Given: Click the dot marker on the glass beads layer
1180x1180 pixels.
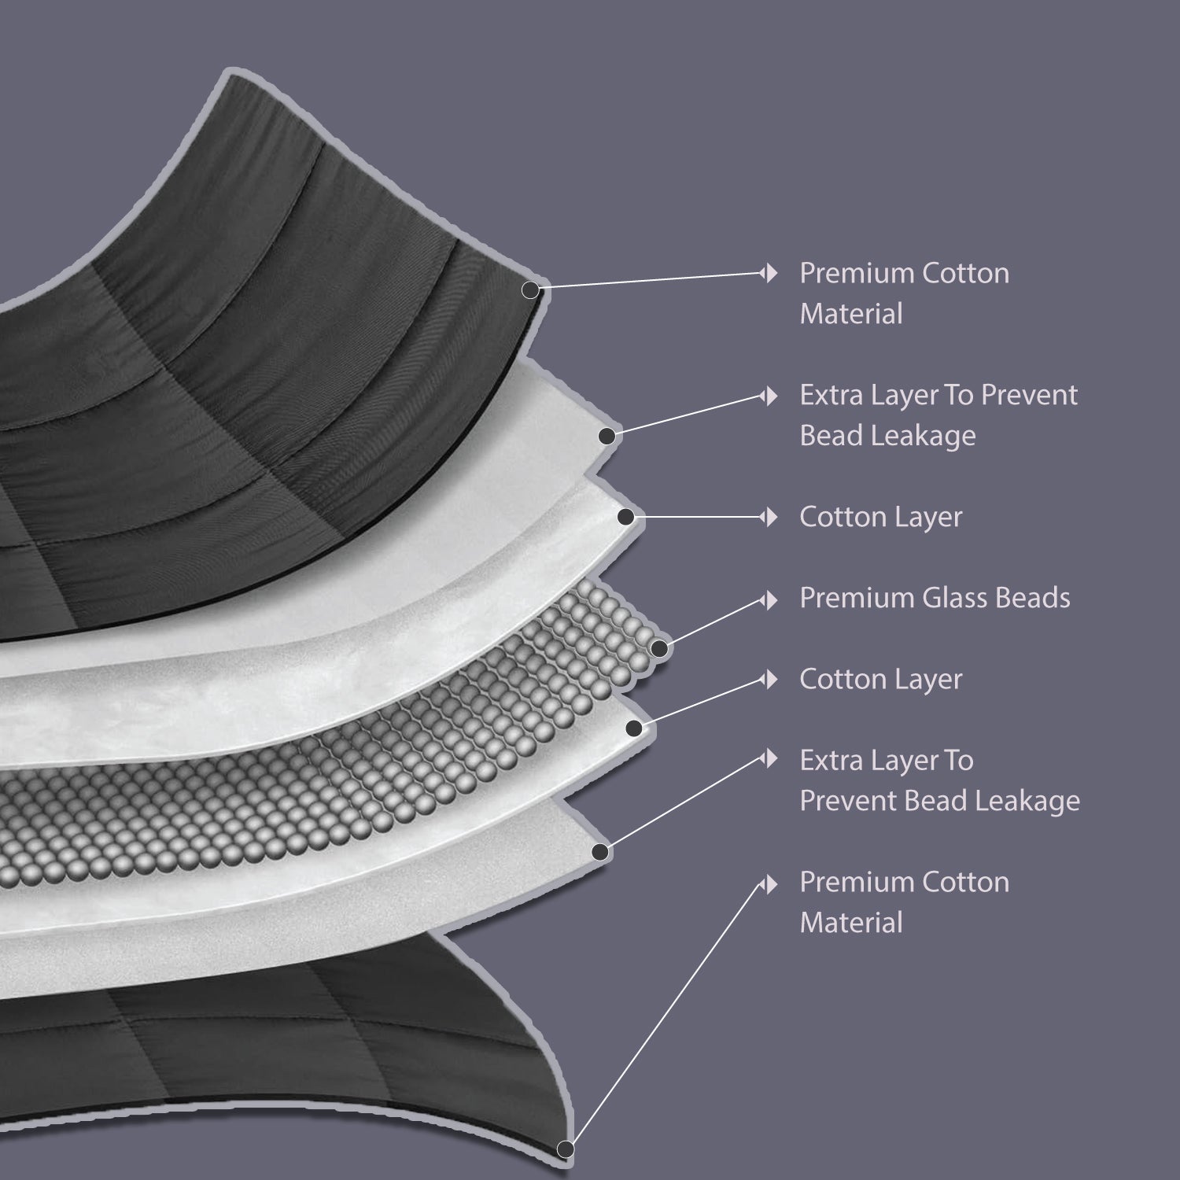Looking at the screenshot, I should point(659,649).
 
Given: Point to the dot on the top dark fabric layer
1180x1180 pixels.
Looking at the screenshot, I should point(531,290).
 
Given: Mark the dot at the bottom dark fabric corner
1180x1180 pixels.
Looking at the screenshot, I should point(563,1149).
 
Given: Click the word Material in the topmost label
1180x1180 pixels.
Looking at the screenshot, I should point(851,314).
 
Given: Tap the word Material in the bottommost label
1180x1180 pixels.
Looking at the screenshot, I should point(851,923).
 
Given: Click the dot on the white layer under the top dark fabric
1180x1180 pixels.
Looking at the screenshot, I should point(607,435).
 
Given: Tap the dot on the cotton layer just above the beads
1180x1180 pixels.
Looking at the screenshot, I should point(626,517).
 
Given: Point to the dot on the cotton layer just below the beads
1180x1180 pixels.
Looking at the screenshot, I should point(633,729).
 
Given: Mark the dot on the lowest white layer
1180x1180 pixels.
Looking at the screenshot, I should point(600,851).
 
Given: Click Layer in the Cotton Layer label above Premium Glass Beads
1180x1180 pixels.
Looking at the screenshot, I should point(930,517).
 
